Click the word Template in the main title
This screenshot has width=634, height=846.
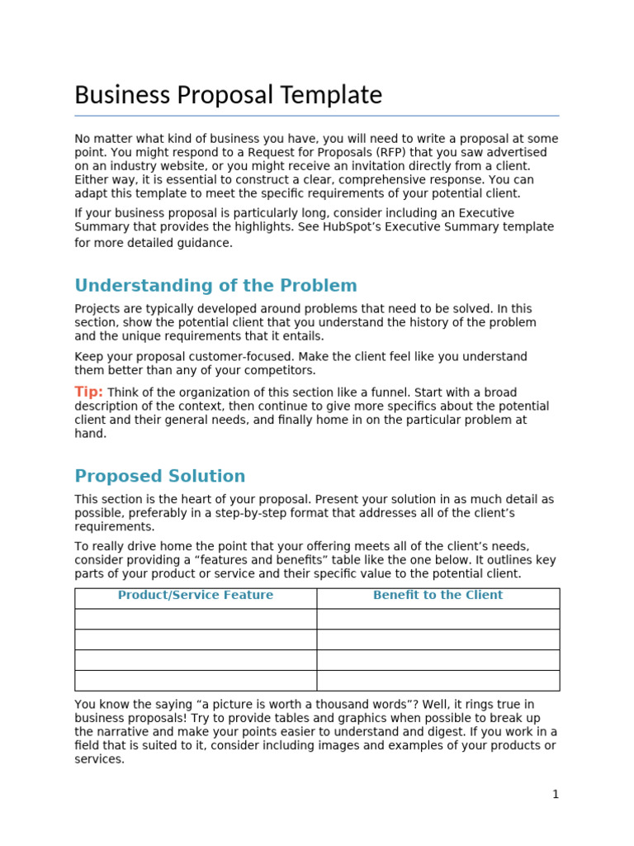(331, 96)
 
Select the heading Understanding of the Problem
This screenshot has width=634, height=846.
(215, 286)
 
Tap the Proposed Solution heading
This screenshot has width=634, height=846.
(159, 476)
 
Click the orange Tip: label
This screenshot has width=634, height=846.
(88, 392)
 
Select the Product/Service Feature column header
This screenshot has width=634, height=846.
(195, 595)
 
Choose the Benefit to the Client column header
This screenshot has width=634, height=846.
(438, 595)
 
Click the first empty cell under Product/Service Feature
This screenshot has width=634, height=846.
(195, 619)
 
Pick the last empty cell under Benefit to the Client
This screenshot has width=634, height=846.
(438, 680)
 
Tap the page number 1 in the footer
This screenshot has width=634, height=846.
(556, 795)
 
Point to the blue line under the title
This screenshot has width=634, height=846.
(316, 116)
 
